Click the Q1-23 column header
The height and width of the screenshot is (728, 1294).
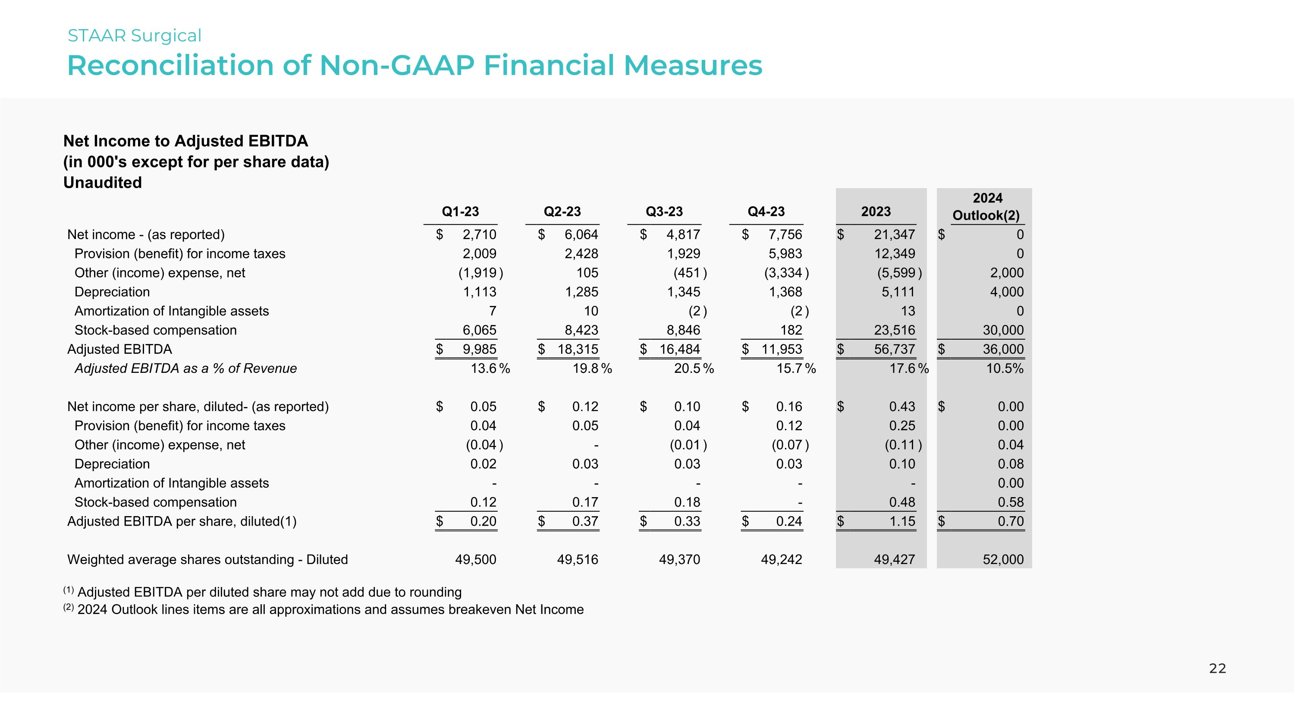(x=460, y=211)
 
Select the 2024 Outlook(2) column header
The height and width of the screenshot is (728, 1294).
(x=986, y=207)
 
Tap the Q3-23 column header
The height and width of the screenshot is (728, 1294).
(x=664, y=211)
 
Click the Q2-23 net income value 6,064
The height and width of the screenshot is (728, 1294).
(x=581, y=235)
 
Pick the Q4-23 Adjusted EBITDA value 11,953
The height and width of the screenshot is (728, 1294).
(x=781, y=349)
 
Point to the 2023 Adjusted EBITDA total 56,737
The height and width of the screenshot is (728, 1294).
(x=894, y=349)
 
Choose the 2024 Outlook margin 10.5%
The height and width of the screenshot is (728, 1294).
(x=1004, y=368)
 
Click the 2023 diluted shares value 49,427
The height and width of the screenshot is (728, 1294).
(x=894, y=559)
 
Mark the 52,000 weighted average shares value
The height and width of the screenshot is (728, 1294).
(x=1003, y=559)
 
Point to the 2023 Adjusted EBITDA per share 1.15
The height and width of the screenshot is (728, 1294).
(x=902, y=521)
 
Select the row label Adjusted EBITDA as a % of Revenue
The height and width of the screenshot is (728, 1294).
(x=185, y=368)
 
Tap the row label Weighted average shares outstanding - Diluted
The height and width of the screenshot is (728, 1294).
(x=207, y=559)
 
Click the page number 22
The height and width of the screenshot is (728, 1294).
(x=1217, y=668)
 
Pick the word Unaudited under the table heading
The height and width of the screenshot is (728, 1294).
(x=103, y=183)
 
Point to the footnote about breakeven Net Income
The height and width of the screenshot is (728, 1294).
(x=330, y=609)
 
